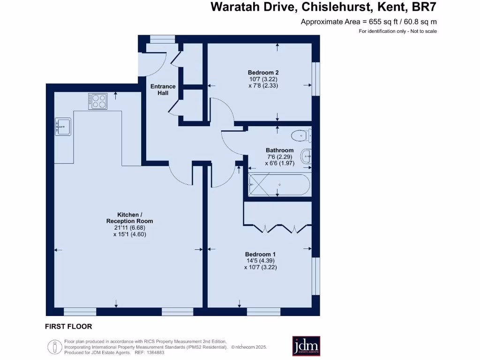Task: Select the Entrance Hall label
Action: coord(163,90)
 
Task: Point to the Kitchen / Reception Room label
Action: coord(129,218)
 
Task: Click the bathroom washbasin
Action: coord(307,156)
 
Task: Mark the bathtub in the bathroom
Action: coord(278,185)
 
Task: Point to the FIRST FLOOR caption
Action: coord(68,326)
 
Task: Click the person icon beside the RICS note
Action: coord(54,347)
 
